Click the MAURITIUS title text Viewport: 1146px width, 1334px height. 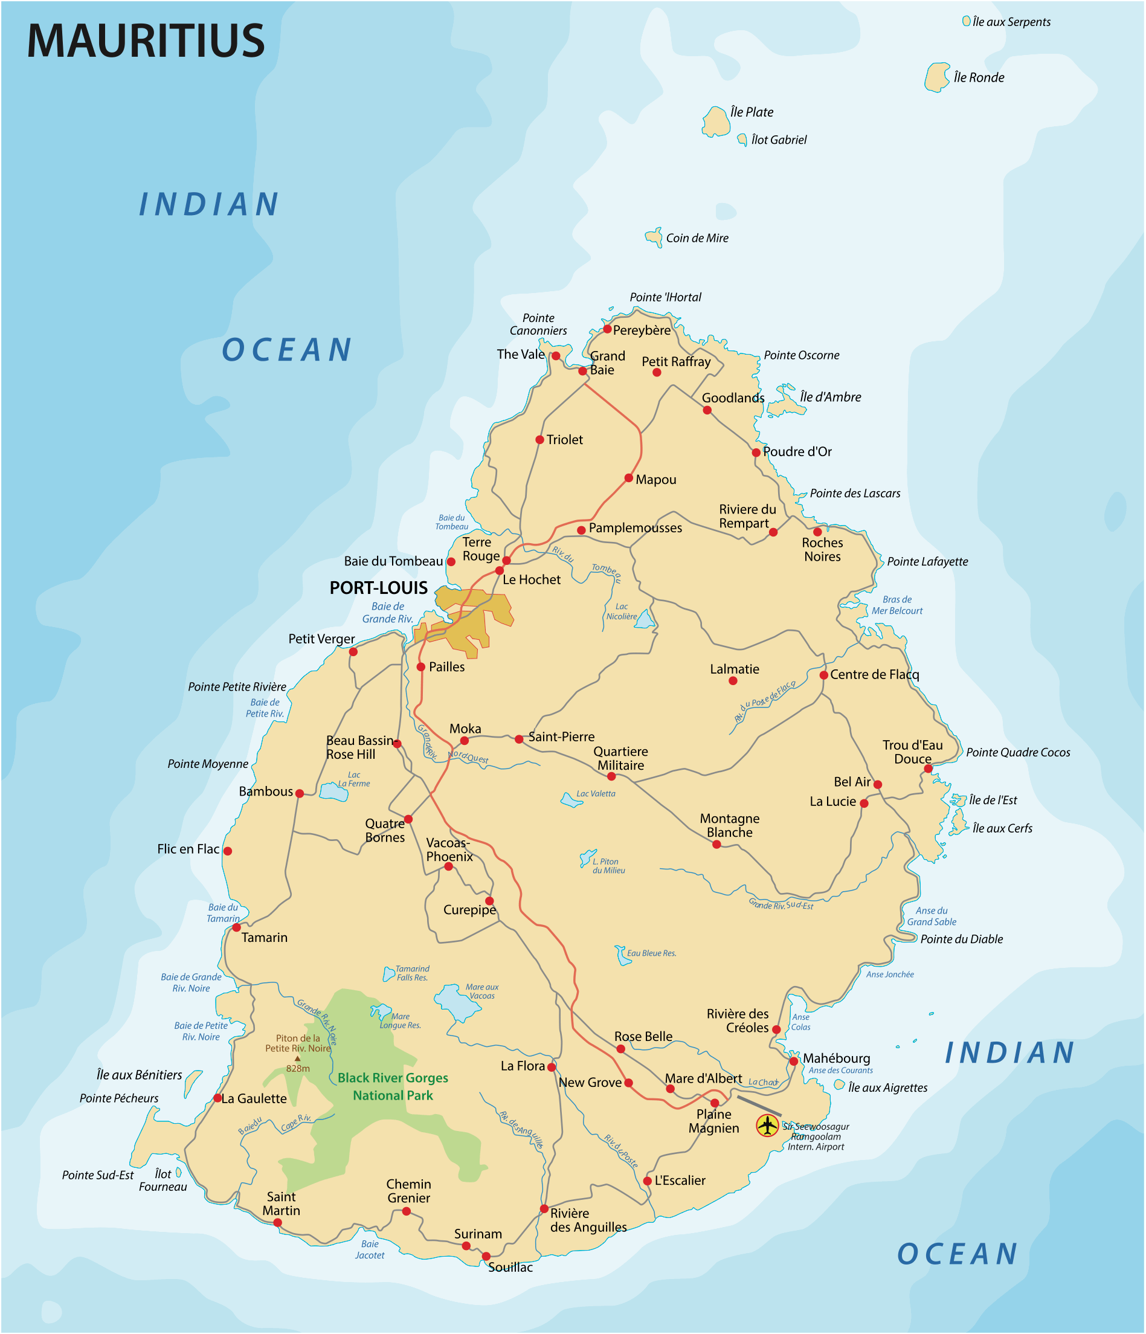146,41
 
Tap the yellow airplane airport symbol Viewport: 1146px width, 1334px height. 767,1125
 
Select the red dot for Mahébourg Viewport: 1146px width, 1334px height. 794,1061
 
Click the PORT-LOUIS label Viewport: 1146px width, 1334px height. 379,588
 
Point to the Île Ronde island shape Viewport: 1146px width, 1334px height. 938,77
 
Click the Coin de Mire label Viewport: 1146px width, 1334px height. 697,238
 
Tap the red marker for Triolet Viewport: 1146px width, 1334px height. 539,440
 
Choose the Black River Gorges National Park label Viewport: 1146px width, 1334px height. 393,1086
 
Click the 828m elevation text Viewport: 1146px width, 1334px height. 298,1069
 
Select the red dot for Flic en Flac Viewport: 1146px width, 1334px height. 227,851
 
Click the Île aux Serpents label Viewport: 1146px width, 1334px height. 1011,22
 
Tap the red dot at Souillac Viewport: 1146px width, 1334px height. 486,1256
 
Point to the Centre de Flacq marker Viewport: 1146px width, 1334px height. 823,675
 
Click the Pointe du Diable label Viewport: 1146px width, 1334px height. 961,939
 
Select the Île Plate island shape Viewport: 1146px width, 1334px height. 715,122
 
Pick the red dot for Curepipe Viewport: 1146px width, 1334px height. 489,901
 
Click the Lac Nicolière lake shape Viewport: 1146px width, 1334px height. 645,620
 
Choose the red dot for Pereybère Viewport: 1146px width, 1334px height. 607,329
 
